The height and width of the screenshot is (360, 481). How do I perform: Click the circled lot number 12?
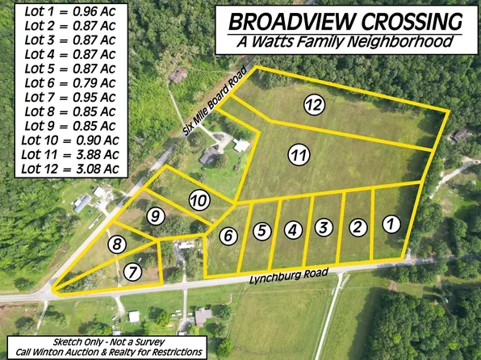pyautogui.click(x=314, y=103)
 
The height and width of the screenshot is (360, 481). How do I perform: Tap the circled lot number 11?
pyautogui.click(x=299, y=154)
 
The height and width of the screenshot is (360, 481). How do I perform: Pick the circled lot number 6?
pyautogui.click(x=228, y=236)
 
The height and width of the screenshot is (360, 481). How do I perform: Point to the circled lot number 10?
pyautogui.click(x=198, y=199)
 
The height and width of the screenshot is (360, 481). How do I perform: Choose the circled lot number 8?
pyautogui.click(x=119, y=245)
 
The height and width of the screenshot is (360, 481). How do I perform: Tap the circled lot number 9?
pyautogui.click(x=156, y=216)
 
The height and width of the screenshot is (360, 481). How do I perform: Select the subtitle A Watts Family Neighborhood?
pyautogui.click(x=344, y=40)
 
